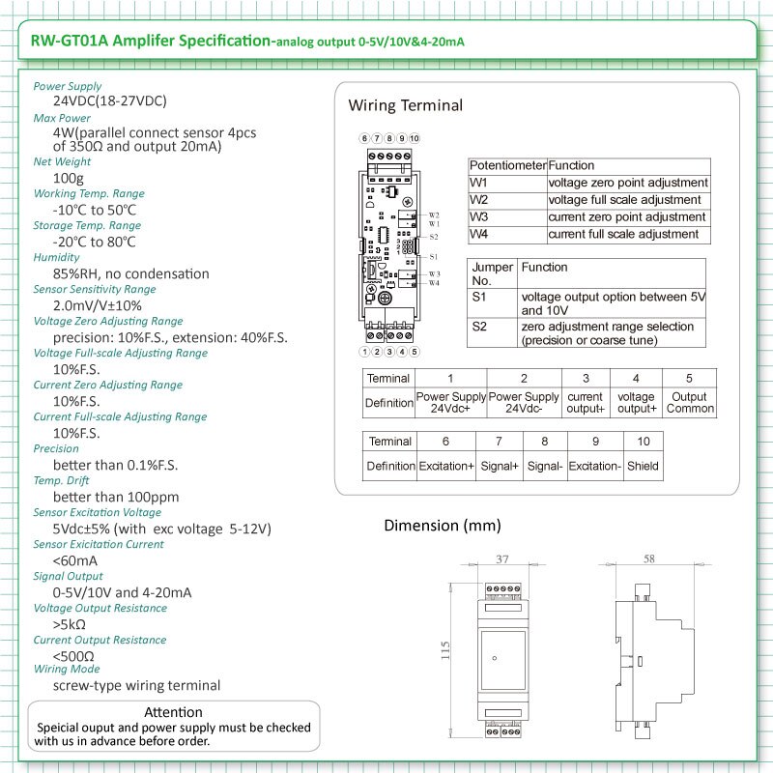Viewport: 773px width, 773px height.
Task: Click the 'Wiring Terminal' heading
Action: [405, 105]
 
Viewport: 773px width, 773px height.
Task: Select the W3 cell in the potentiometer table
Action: [479, 216]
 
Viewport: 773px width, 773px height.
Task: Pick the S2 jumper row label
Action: [479, 328]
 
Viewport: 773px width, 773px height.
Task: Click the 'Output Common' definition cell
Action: [690, 402]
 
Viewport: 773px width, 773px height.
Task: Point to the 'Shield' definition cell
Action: [642, 466]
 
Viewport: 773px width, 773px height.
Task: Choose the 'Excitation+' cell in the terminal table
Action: [445, 466]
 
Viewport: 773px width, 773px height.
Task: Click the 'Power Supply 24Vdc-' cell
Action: [524, 402]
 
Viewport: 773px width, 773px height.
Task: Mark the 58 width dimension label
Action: [648, 559]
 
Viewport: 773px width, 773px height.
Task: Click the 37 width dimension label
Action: [501, 559]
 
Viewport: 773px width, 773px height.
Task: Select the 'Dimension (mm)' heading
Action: [442, 526]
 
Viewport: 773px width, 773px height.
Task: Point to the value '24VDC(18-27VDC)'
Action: [109, 100]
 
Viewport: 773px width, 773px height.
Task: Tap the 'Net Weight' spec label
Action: [62, 161]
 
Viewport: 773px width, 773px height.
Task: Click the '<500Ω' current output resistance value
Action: [75, 656]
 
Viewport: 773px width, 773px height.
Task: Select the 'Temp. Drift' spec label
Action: [61, 480]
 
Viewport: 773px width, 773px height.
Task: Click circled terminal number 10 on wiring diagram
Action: [414, 138]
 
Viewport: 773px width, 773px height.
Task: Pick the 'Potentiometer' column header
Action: [507, 165]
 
